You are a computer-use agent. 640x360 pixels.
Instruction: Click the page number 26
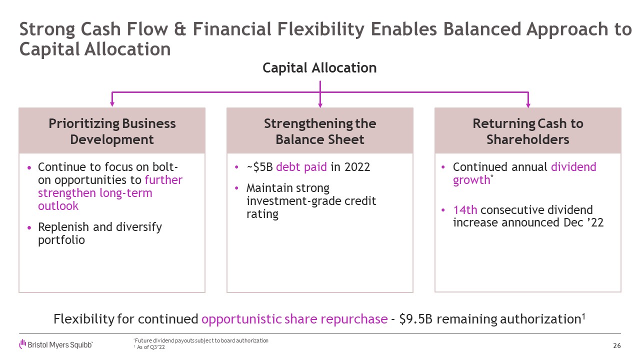617,345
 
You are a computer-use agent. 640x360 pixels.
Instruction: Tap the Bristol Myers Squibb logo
56,344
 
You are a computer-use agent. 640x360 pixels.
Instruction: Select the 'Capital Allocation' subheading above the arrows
319,68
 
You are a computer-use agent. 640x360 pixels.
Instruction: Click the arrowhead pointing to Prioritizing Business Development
112,103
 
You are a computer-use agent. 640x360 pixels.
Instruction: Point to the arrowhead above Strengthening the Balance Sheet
320,104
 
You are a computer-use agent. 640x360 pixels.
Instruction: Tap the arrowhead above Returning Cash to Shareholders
528,104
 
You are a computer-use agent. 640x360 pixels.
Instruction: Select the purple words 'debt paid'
301,167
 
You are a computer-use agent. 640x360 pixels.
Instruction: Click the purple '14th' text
465,210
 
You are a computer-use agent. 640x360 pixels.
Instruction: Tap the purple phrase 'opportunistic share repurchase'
294,319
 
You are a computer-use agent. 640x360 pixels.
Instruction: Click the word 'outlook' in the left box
58,206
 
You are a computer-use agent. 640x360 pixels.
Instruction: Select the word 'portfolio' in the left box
61,240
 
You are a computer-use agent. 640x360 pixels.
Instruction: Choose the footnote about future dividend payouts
201,340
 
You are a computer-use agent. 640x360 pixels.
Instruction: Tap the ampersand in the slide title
180,29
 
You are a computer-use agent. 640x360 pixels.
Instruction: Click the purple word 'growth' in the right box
471,180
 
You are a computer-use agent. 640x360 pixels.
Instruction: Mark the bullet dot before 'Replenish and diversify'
29,227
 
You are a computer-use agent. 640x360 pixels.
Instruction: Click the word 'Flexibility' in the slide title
321,29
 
